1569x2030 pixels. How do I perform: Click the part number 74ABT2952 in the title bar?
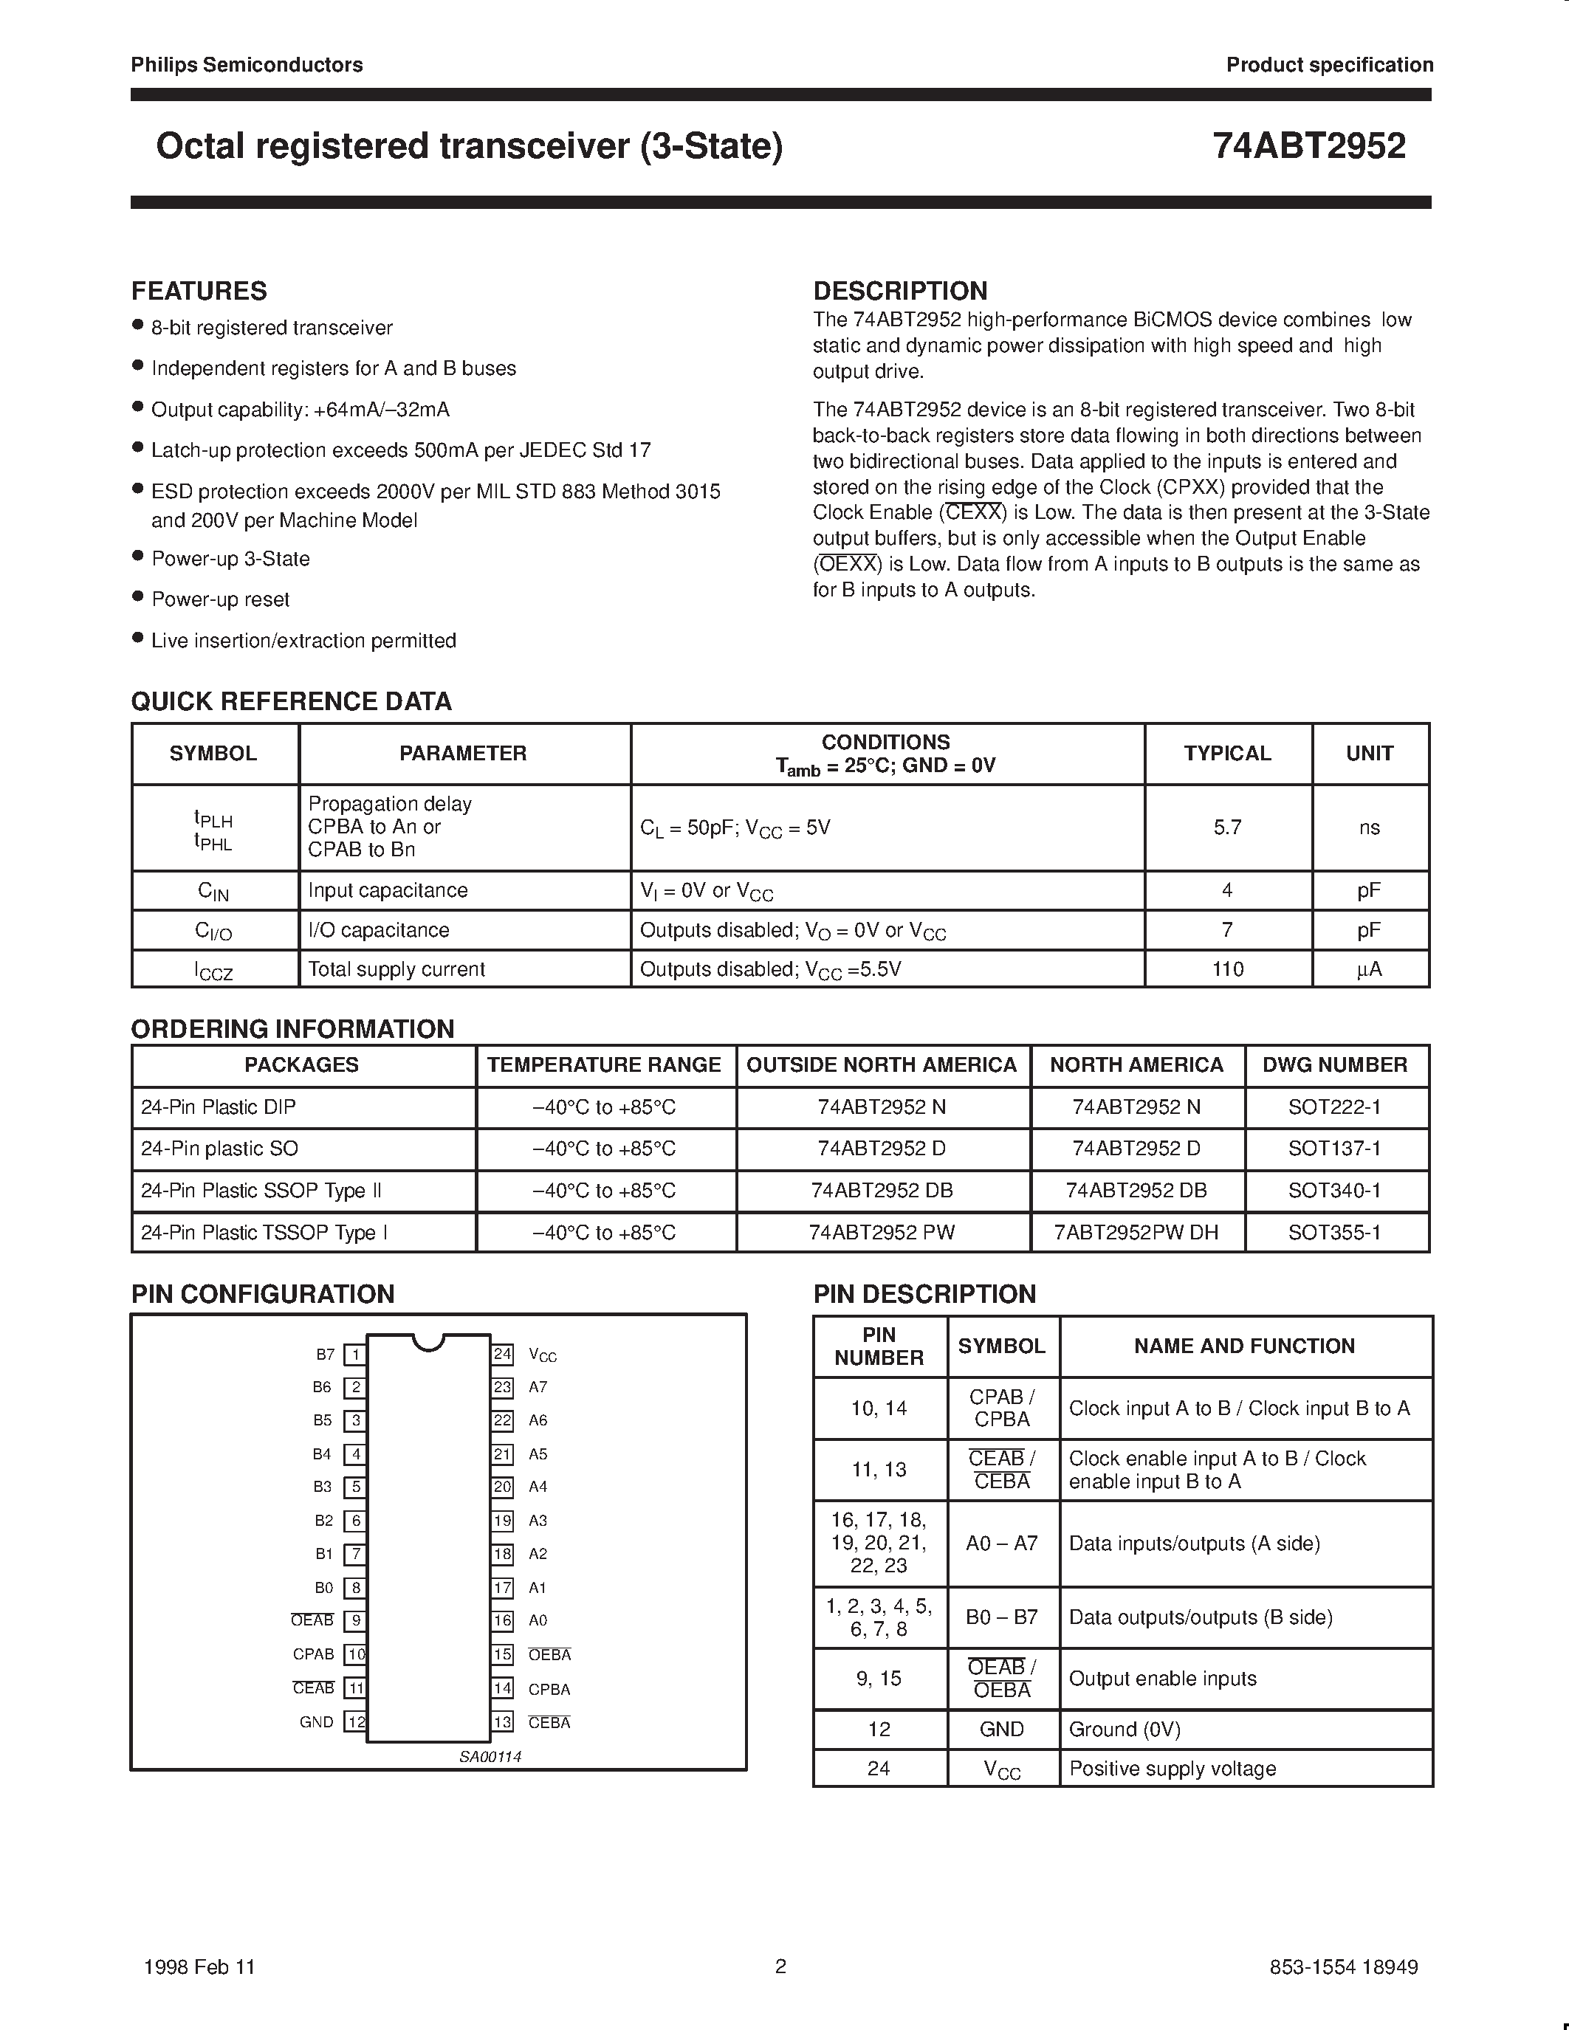[1309, 146]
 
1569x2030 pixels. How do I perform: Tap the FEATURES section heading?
[199, 291]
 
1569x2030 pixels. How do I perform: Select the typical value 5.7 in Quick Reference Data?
[1227, 828]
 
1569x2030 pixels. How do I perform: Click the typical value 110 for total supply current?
[1227, 968]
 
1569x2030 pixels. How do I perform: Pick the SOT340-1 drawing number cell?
[1334, 1191]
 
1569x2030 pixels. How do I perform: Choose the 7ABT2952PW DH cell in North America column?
[1136, 1233]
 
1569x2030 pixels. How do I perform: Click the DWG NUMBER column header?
[1335, 1065]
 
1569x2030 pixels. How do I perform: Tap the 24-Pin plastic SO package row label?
[219, 1149]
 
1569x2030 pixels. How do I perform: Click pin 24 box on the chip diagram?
[503, 1355]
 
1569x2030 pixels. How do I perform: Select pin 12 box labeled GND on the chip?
[355, 1721]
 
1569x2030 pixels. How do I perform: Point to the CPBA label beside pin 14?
[549, 1689]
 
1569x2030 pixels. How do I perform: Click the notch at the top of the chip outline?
[428, 1342]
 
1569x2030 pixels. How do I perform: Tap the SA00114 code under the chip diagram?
[490, 1757]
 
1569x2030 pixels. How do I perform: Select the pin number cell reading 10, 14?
[879, 1408]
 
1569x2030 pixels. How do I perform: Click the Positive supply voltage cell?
[1172, 1769]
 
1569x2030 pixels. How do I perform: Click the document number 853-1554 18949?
[1343, 1967]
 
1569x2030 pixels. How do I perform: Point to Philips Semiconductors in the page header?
[247, 65]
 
